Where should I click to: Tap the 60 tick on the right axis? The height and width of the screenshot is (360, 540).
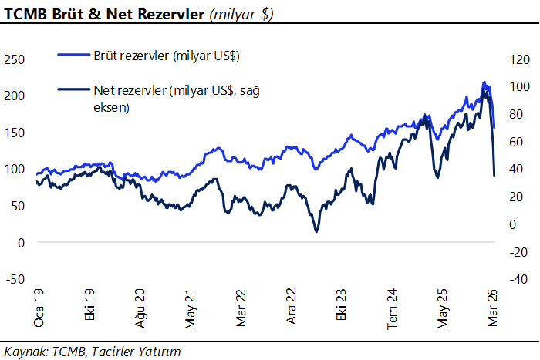tap(515, 142)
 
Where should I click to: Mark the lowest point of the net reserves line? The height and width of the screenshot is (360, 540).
tap(316, 231)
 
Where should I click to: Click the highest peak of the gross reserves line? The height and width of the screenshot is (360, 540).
tap(484, 82)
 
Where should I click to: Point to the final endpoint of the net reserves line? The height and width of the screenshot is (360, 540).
tap(494, 176)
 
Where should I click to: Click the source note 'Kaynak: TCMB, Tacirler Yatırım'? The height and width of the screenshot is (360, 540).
tap(92, 352)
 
